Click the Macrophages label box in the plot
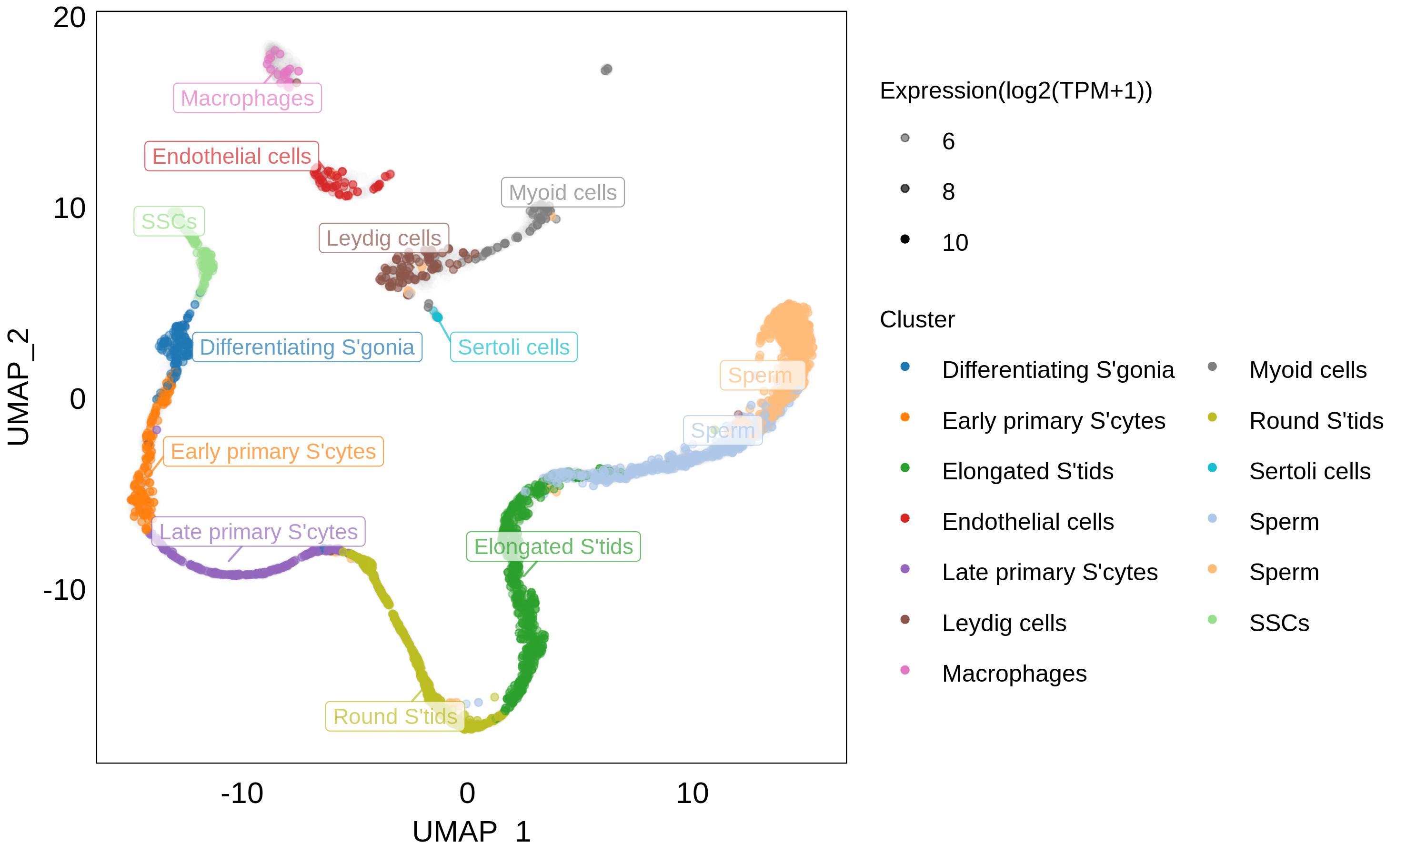point(247,98)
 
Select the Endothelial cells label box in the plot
point(231,156)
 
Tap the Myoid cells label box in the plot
point(562,193)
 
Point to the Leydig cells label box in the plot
point(383,238)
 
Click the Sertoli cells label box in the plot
point(514,347)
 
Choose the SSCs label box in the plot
point(169,221)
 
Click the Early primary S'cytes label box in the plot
point(273,452)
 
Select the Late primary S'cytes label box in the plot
point(259,532)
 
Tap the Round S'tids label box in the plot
point(395,716)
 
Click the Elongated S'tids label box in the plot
point(553,546)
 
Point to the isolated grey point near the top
point(606,70)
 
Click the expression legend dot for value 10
point(905,239)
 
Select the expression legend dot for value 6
point(905,138)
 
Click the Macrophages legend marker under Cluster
point(905,670)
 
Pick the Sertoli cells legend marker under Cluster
point(1212,468)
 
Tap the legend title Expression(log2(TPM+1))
point(1015,91)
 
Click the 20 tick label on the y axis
point(70,18)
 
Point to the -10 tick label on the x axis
point(242,793)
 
